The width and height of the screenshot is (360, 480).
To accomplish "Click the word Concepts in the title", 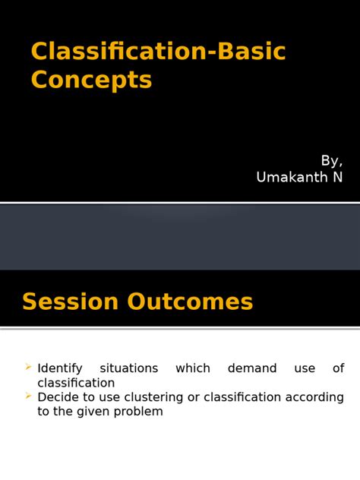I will (x=91, y=80).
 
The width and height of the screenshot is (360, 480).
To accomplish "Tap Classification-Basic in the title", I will (x=158, y=52).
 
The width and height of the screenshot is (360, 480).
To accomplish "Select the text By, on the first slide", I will (x=331, y=160).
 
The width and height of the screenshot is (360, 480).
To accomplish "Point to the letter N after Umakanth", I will (x=337, y=177).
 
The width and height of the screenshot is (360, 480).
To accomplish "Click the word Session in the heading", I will (x=71, y=302).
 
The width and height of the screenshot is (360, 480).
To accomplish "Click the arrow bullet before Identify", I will (x=28, y=368).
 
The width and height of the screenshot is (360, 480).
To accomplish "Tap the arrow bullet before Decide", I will (x=28, y=396).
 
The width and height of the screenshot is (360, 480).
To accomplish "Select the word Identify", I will (x=60, y=368).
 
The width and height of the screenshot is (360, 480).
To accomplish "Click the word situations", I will (x=129, y=368).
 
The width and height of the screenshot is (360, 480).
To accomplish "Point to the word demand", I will (x=251, y=368).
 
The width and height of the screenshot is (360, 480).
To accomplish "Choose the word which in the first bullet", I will (x=193, y=368).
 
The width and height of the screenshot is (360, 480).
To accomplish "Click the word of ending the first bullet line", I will (x=338, y=368).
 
